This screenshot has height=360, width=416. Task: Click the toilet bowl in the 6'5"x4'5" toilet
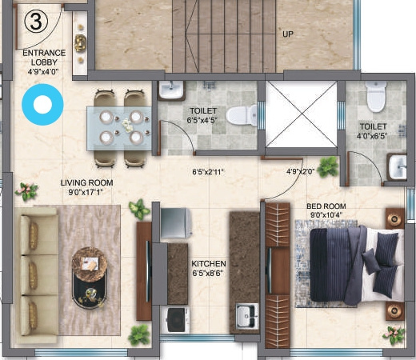[240, 115]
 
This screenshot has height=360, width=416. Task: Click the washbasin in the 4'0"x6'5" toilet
[397, 167]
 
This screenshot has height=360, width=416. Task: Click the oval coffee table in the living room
[91, 273]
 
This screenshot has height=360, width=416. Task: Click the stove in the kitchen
[177, 319]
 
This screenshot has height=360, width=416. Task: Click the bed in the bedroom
[346, 266]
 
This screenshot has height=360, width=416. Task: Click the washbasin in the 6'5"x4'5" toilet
[170, 90]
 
